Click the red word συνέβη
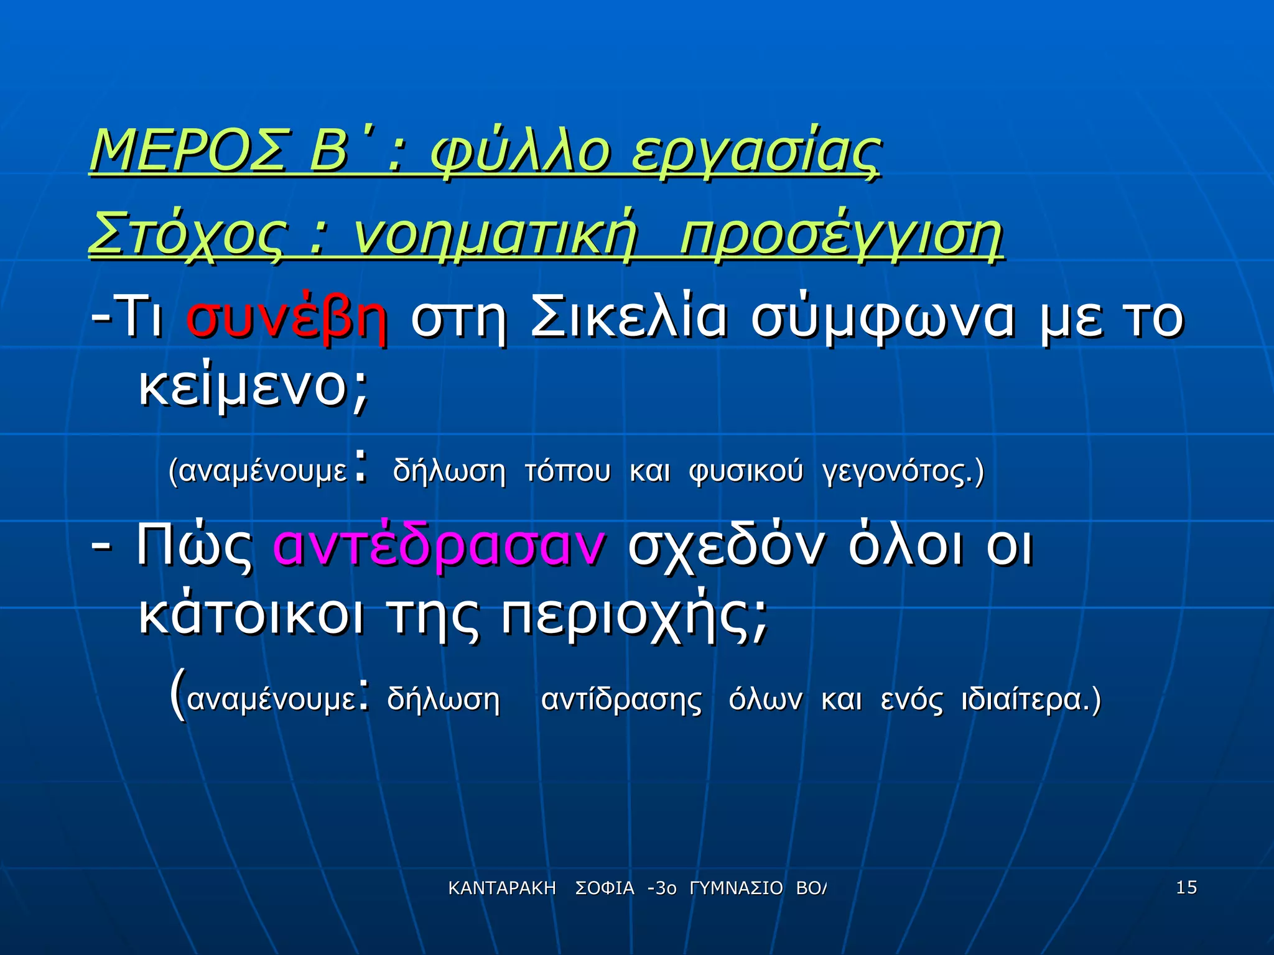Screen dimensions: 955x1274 click(287, 318)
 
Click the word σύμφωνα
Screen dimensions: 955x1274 click(883, 318)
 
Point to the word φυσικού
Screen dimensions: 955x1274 click(746, 471)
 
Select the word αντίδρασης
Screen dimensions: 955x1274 click(621, 699)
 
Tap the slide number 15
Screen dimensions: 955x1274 click(1186, 887)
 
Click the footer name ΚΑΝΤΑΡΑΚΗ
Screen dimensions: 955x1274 click(502, 888)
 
